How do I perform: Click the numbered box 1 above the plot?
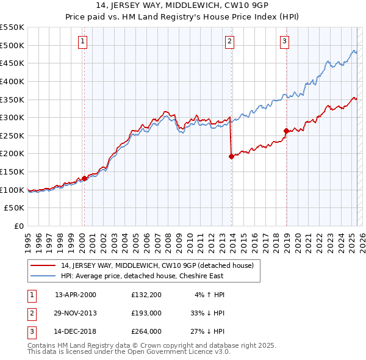tap(82, 41)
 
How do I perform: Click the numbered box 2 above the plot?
tap(229, 41)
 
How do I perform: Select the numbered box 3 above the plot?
tap(284, 41)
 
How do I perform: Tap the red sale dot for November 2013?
tap(231, 156)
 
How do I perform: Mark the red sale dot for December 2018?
tap(286, 131)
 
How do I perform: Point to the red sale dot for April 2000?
tap(84, 178)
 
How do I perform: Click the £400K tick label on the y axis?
tap(12, 81)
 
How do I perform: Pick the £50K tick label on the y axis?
tap(15, 208)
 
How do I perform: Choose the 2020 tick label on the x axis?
tap(297, 242)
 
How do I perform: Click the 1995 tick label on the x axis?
tap(27, 242)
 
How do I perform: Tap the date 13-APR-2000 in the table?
tap(76, 295)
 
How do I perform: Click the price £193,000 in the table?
tap(146, 313)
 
